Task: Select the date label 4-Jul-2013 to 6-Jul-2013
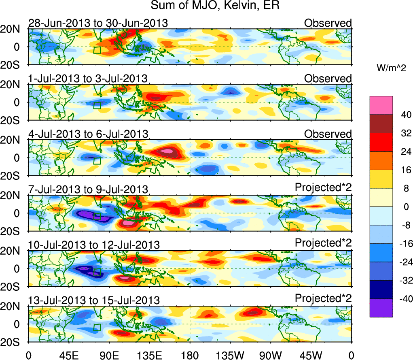[88, 134]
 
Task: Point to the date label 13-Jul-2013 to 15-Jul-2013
[93, 300]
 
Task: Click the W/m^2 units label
[391, 68]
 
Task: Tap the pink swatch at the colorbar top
[381, 105]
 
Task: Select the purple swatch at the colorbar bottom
[381, 308]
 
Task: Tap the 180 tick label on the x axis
[190, 355]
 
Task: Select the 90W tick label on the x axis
[271, 355]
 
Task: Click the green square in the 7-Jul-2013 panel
[97, 217]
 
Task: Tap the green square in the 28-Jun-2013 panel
[97, 50]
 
